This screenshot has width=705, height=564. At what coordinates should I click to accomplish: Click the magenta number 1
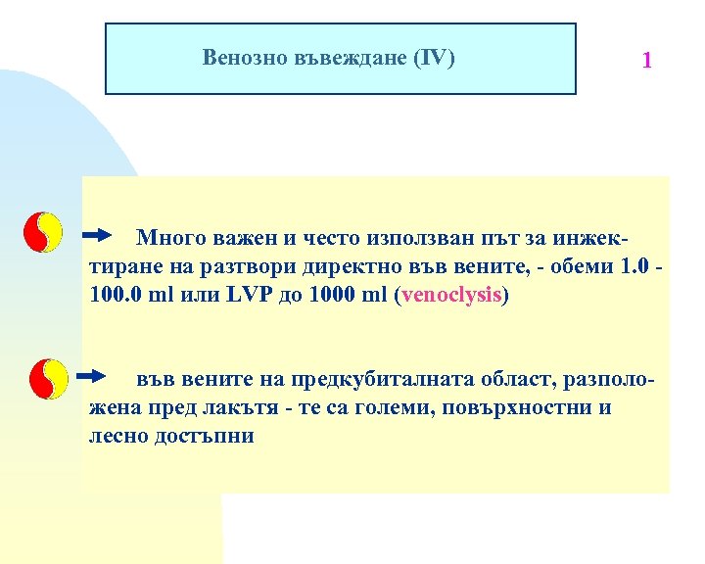(x=646, y=61)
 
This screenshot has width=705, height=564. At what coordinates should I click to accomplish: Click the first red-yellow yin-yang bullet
(x=44, y=232)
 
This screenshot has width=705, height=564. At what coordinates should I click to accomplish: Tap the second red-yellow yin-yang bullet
(x=48, y=379)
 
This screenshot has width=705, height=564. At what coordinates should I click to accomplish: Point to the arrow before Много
(x=98, y=235)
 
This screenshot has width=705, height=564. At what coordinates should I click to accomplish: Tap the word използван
(x=422, y=237)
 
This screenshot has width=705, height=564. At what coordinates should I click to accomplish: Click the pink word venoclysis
(x=450, y=295)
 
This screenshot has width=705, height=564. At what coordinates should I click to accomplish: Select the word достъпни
(x=204, y=436)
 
